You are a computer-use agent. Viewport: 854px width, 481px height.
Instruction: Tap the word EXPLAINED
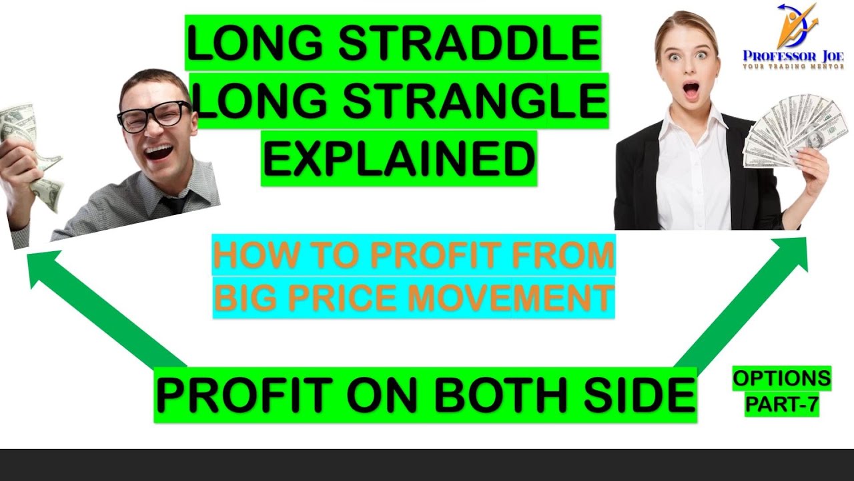(x=399, y=159)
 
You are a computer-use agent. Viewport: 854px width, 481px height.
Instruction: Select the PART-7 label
(x=782, y=404)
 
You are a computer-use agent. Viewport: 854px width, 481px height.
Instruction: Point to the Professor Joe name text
(x=793, y=56)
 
